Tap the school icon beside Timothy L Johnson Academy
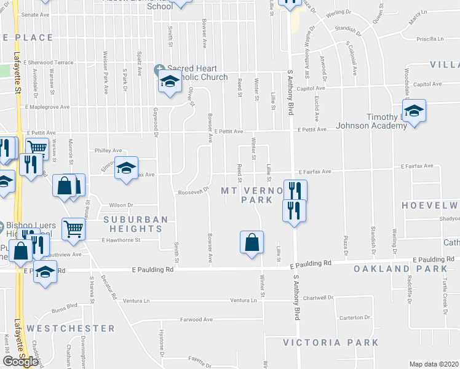(x=415, y=111)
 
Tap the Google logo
(x=20, y=361)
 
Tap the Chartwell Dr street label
(x=318, y=298)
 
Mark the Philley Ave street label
(x=108, y=150)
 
